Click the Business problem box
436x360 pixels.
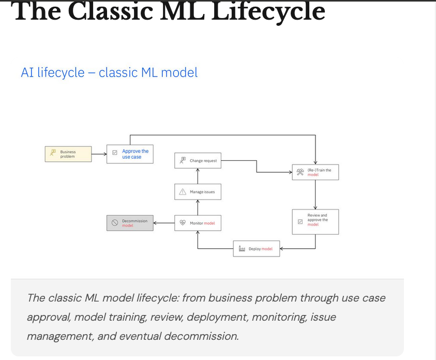tap(68, 154)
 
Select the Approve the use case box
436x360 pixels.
tap(130, 154)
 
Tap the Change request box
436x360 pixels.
tap(198, 161)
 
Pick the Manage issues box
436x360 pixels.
tap(198, 192)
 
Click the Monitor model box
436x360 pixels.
tap(198, 223)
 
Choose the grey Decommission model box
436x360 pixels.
tap(130, 223)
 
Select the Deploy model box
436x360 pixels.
tap(257, 249)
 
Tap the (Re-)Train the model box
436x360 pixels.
tap(315, 172)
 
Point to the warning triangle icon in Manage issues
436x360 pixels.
tap(182, 192)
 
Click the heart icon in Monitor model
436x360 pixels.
tap(182, 223)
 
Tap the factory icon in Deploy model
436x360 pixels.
tap(242, 249)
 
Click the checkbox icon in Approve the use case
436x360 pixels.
tap(114, 153)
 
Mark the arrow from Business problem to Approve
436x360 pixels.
tap(99, 154)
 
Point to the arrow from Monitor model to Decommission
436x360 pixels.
tap(164, 223)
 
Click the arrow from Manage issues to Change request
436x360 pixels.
tap(198, 176)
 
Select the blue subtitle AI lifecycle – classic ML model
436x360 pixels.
tap(109, 72)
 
